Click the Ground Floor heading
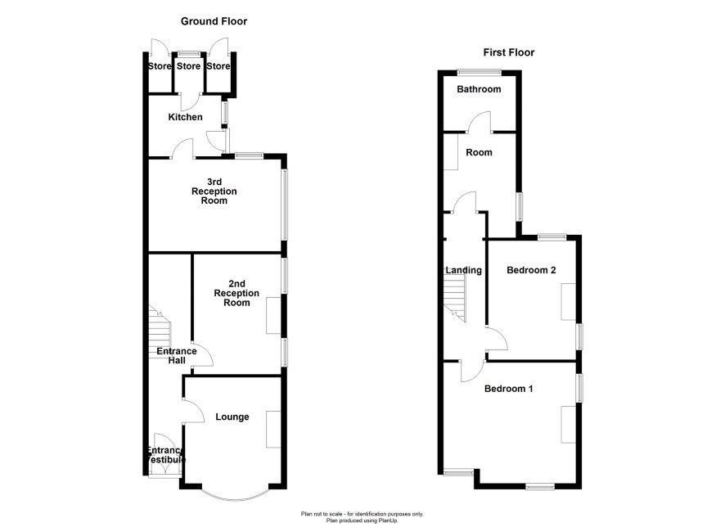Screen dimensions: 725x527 [x=214, y=21]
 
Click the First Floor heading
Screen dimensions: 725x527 [x=509, y=52]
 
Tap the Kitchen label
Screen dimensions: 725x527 [x=185, y=117]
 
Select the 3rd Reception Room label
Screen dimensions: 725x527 [x=214, y=191]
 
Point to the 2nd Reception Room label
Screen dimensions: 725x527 [x=236, y=293]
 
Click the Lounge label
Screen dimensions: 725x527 [x=232, y=417]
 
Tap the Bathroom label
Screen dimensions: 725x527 [x=479, y=89]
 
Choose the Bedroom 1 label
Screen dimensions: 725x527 [x=508, y=389]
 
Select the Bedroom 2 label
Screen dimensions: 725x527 [x=531, y=270]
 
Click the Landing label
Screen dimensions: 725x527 [x=463, y=270]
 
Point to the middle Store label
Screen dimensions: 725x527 [x=189, y=66]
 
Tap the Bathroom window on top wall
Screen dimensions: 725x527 [x=479, y=72]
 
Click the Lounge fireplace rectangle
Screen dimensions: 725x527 [x=273, y=429]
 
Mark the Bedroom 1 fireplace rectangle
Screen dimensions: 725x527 [x=569, y=425]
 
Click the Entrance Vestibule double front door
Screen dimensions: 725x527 [x=165, y=454]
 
